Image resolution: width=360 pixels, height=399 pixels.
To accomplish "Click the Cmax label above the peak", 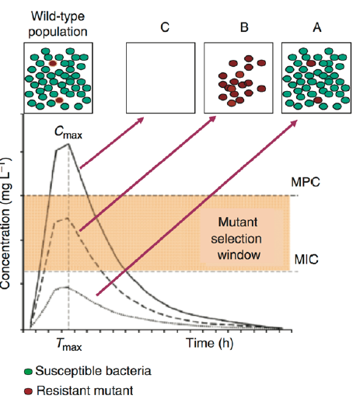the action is click(68, 132).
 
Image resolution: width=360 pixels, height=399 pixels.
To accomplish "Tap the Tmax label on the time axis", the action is click(68, 345).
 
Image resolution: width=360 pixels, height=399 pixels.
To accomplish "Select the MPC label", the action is click(306, 182).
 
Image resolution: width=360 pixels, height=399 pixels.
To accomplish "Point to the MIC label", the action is click(306, 259).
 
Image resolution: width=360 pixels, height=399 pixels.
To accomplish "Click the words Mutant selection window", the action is click(237, 239).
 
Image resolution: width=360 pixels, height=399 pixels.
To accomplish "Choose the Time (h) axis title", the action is click(210, 343).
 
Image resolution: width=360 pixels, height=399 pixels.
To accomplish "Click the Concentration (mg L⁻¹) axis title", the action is click(5, 223).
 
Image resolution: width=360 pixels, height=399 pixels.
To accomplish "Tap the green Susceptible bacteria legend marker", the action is click(28, 372).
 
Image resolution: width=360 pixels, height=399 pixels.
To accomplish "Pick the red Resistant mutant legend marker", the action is click(28, 391).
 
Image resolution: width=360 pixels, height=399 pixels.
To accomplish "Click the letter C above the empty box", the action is click(165, 27).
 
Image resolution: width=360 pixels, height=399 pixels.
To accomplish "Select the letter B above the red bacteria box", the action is click(244, 27).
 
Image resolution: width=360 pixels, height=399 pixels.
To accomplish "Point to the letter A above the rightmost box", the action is click(317, 27).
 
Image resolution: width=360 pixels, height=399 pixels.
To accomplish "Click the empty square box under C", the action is click(161, 43).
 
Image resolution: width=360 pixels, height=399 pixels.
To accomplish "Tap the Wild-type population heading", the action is click(58, 24).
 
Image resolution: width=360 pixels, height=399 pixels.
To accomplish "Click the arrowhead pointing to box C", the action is click(140, 120).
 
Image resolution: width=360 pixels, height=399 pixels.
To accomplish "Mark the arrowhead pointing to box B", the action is click(212, 119).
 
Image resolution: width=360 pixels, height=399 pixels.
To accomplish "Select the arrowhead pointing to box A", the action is click(294, 123).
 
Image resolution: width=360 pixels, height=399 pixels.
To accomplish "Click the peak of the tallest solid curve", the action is click(68, 144).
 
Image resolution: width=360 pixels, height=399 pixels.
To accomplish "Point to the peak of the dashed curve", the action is click(68, 218).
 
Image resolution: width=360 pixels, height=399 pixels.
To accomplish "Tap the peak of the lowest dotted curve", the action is click(68, 287).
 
